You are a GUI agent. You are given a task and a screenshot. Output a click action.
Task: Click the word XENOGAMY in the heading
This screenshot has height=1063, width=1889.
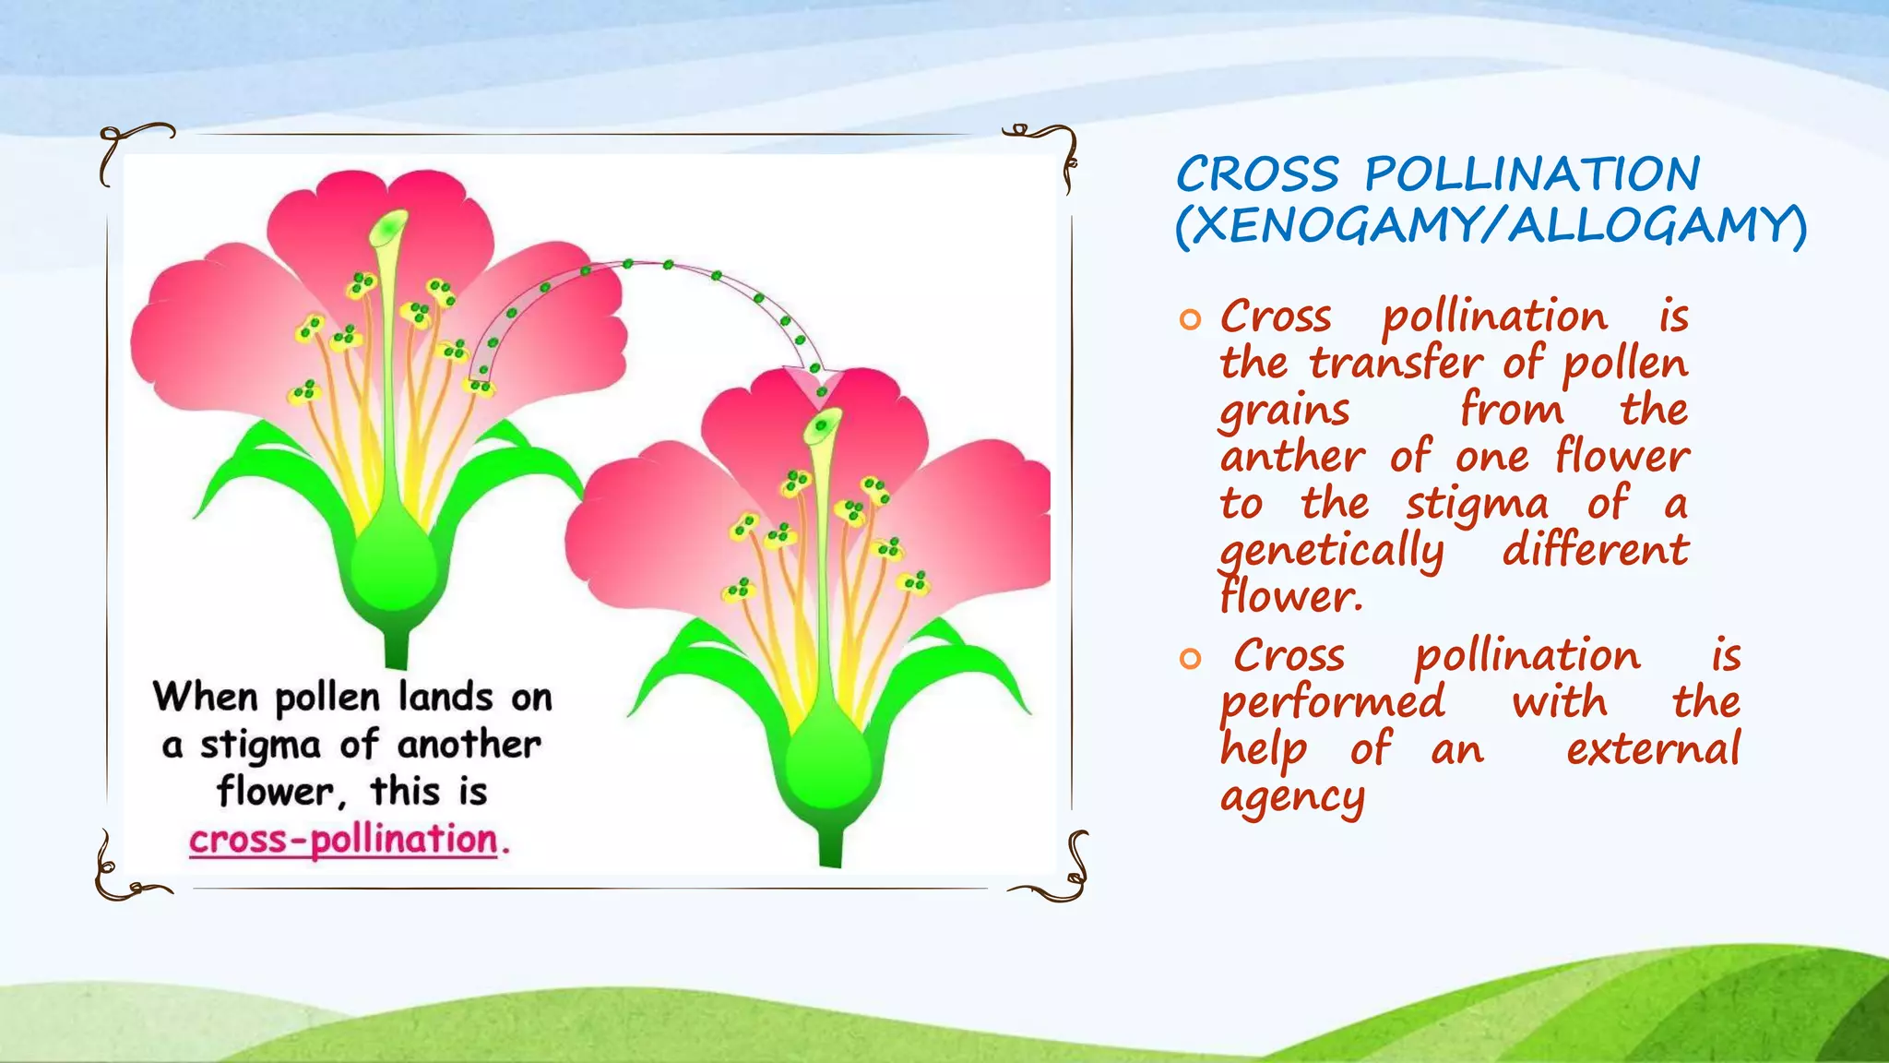(x=1333, y=225)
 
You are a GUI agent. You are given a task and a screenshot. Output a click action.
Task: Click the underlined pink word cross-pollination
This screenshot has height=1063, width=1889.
(x=343, y=840)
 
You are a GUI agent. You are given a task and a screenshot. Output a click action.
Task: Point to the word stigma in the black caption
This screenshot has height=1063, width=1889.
(x=260, y=745)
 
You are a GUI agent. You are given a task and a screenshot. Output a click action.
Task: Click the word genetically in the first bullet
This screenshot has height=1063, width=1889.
(x=1332, y=552)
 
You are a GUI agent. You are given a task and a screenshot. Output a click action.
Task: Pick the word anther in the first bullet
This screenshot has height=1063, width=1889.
(x=1292, y=457)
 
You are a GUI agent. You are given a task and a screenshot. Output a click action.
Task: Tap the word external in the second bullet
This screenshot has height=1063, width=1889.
(x=1653, y=748)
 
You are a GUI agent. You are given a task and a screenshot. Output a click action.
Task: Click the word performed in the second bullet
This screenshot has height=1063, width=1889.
(x=1332, y=702)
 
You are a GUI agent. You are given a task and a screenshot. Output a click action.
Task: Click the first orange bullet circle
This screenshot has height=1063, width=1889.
(x=1190, y=320)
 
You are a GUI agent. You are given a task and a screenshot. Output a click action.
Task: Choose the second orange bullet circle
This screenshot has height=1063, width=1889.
(x=1190, y=659)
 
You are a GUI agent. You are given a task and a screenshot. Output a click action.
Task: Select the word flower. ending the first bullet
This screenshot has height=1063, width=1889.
(x=1291, y=597)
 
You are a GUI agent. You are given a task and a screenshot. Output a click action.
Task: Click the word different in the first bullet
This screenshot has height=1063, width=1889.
(x=1595, y=551)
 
